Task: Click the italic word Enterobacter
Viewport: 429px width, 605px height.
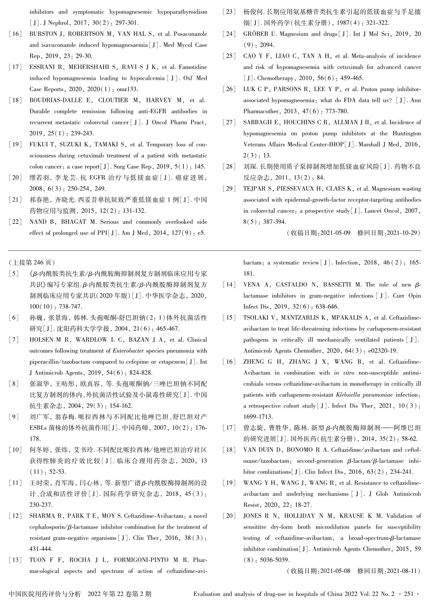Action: point(128,351)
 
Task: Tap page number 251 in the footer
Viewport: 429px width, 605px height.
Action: point(409,594)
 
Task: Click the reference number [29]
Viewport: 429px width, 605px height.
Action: point(229,189)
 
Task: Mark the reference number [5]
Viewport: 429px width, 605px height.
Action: point(14,274)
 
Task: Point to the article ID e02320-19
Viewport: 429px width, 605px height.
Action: point(383,351)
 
